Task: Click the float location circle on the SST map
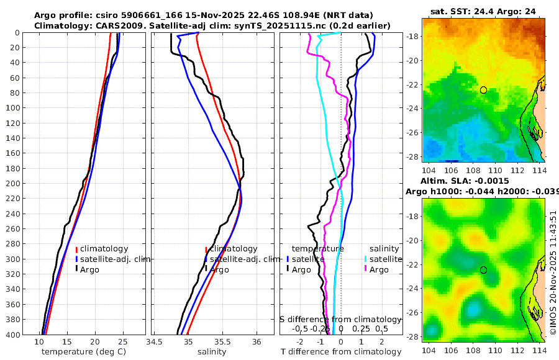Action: point(483,90)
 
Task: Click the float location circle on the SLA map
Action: point(483,270)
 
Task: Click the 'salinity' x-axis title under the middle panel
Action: point(211,352)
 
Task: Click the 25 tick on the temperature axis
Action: point(122,343)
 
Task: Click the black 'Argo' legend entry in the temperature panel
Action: point(91,269)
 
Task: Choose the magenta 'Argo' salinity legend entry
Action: point(378,269)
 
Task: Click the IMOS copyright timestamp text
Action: point(553,273)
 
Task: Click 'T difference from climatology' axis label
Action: point(341,352)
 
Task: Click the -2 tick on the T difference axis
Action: point(300,343)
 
